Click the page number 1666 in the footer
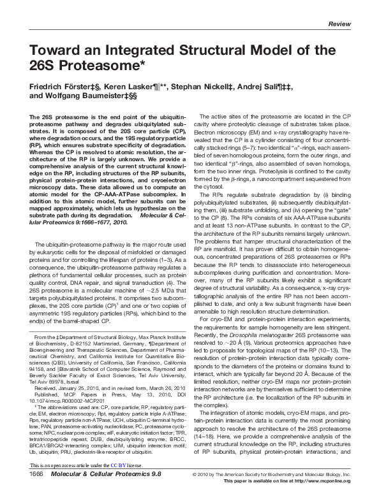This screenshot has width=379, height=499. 36,492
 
